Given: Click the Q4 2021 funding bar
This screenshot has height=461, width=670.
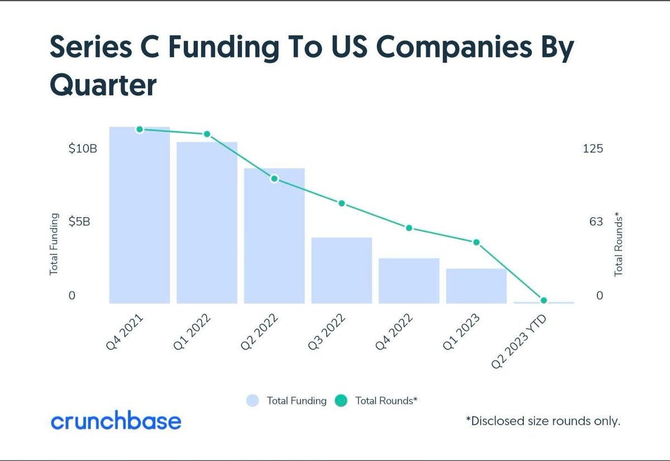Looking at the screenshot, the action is pyautogui.click(x=140, y=215).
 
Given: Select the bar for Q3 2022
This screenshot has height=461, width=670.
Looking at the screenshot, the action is pyautogui.click(x=342, y=271).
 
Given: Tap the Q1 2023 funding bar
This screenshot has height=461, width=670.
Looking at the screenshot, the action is pyautogui.click(x=476, y=286).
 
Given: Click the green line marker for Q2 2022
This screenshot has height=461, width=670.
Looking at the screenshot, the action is pyautogui.click(x=274, y=179).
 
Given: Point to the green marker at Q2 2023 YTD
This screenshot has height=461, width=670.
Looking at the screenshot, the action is pyautogui.click(x=544, y=300).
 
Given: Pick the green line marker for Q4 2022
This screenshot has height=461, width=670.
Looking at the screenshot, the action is pyautogui.click(x=409, y=228).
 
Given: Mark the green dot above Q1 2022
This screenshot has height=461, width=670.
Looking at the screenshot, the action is pyautogui.click(x=207, y=134).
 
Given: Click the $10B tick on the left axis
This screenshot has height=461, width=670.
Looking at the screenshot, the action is pyautogui.click(x=83, y=148).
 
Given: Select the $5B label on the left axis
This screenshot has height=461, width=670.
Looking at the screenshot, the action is pyautogui.click(x=79, y=222).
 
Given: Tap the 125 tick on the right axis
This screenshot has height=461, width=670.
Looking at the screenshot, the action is pyautogui.click(x=593, y=148).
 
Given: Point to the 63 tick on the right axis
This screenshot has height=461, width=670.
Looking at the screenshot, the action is pyautogui.click(x=596, y=222).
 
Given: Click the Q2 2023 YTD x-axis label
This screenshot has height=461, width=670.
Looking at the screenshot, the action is pyautogui.click(x=519, y=342).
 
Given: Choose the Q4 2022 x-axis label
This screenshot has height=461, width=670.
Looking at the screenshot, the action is pyautogui.click(x=394, y=332).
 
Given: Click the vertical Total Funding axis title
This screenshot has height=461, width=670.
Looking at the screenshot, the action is pyautogui.click(x=54, y=244).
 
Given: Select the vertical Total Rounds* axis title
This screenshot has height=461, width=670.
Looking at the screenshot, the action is pyautogui.click(x=619, y=244).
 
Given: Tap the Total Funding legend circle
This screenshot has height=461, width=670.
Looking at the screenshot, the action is pyautogui.click(x=252, y=401).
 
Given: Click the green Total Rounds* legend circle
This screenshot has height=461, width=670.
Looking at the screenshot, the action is pyautogui.click(x=341, y=401).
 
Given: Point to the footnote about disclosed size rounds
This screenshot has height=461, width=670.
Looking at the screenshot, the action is pyautogui.click(x=543, y=421).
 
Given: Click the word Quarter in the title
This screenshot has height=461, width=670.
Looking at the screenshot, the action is pyautogui.click(x=103, y=85).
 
